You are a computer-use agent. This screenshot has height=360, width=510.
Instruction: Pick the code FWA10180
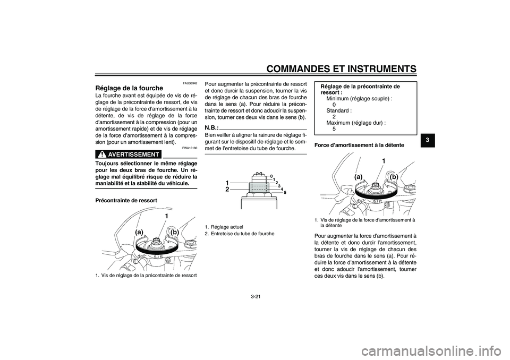[x=190, y=148]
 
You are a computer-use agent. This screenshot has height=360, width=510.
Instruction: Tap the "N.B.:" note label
[x=211, y=128]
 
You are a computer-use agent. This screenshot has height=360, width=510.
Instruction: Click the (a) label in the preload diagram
[x=140, y=232]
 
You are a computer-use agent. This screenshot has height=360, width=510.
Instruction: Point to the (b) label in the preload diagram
[x=174, y=232]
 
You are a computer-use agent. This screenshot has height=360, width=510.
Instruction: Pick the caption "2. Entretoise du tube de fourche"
[x=240, y=234]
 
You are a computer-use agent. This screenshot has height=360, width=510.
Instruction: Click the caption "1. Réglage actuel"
[x=224, y=227]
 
